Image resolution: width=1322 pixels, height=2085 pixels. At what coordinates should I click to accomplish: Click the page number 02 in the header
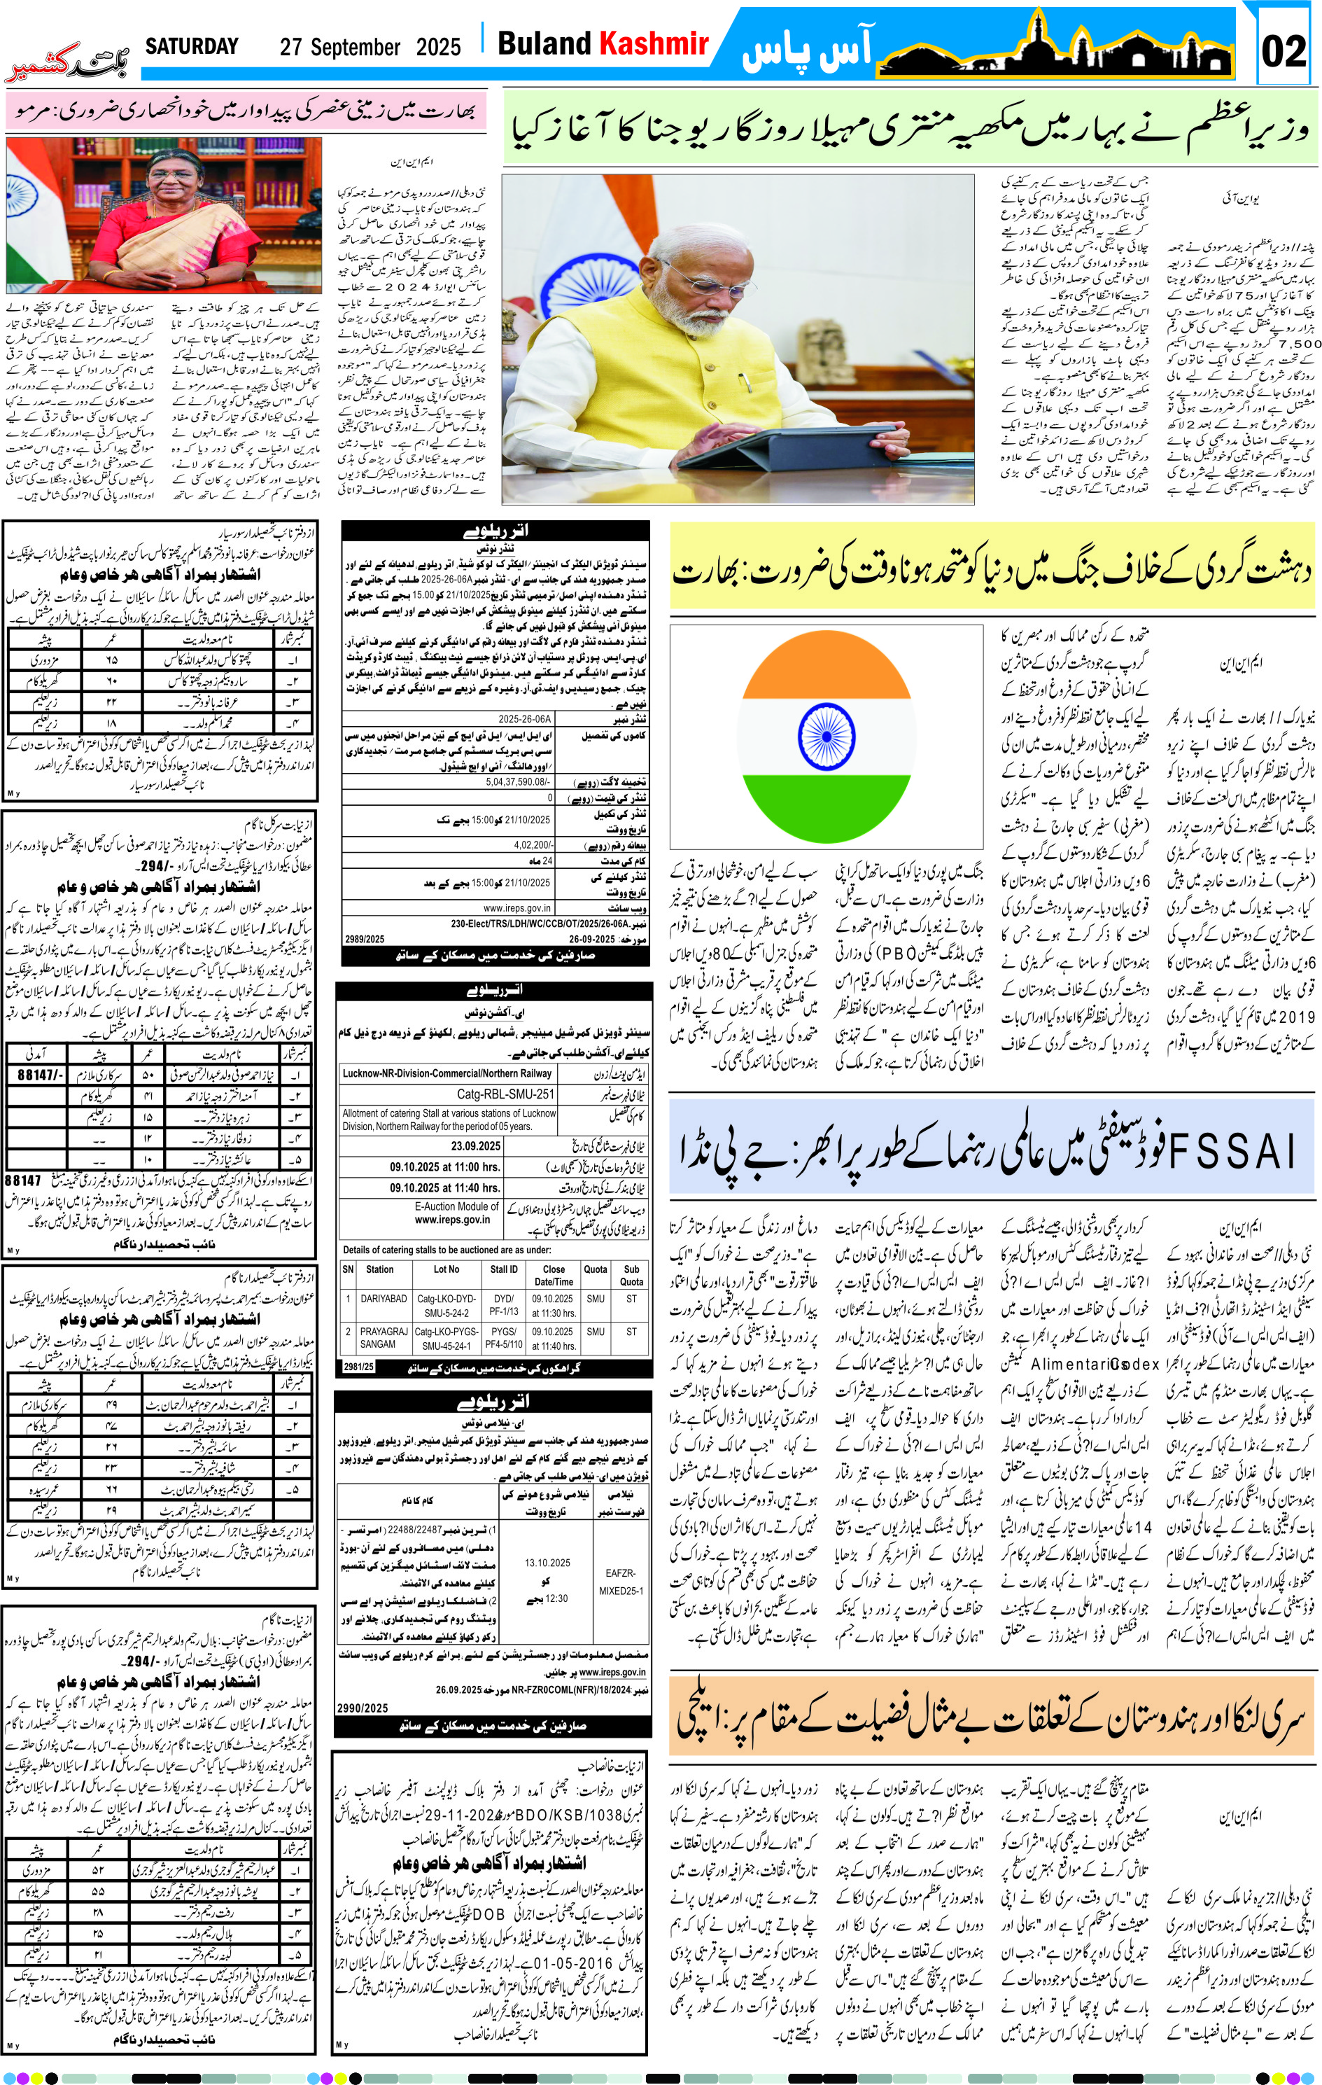(1283, 50)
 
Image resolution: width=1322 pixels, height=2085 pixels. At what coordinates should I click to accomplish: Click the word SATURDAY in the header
(191, 47)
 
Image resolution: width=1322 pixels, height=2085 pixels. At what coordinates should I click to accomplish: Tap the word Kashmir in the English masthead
(654, 43)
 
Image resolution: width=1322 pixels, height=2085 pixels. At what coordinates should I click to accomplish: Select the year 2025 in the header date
(438, 48)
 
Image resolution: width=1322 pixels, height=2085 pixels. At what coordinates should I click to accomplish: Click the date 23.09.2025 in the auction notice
(475, 1145)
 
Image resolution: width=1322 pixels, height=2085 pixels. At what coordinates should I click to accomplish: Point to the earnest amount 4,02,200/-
(533, 844)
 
